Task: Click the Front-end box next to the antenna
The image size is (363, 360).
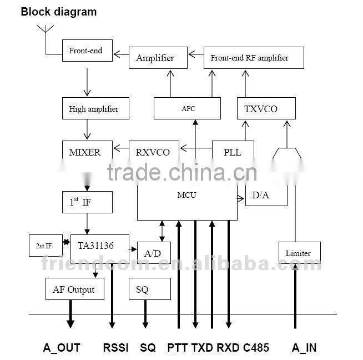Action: pyautogui.click(x=86, y=51)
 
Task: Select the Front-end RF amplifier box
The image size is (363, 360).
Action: pyautogui.click(x=254, y=58)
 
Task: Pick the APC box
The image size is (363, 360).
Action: pyautogui.click(x=188, y=108)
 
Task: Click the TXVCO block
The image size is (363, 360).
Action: pyautogui.click(x=261, y=108)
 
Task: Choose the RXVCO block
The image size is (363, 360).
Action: pyautogui.click(x=153, y=152)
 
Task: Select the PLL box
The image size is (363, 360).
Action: pyautogui.click(x=233, y=152)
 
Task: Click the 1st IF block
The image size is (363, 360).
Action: pyautogui.click(x=87, y=202)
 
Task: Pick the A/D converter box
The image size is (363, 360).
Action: pyautogui.click(x=154, y=253)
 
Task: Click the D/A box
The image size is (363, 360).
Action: pyautogui.click(x=266, y=196)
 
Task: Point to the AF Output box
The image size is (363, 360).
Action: pyautogui.click(x=74, y=289)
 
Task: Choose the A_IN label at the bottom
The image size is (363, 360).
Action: pyautogui.click(x=304, y=348)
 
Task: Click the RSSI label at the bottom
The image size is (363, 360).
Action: pyautogui.click(x=115, y=348)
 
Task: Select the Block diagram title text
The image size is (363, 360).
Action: pyautogui.click(x=59, y=12)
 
